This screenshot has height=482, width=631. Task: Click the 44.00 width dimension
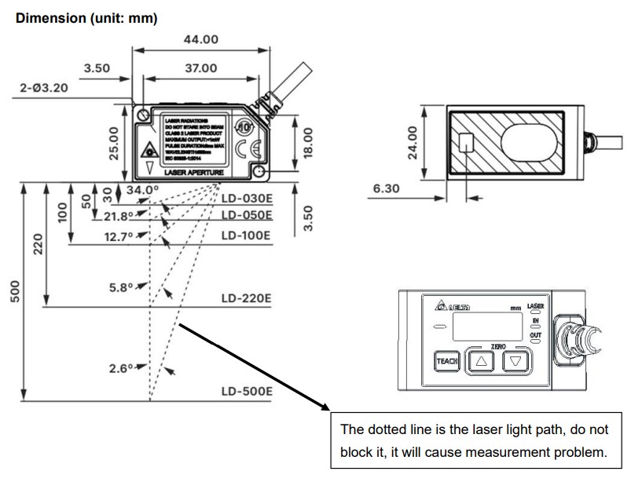click(x=200, y=40)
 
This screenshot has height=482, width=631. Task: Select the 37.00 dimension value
click(x=200, y=69)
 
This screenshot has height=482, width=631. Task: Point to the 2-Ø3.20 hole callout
click(x=44, y=88)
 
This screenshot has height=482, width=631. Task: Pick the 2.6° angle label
click(x=123, y=367)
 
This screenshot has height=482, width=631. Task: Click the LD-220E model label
click(x=246, y=298)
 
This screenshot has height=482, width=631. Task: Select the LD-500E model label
click(x=246, y=391)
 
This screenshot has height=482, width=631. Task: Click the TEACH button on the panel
click(x=446, y=361)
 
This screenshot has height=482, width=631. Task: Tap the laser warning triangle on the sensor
click(x=149, y=148)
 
